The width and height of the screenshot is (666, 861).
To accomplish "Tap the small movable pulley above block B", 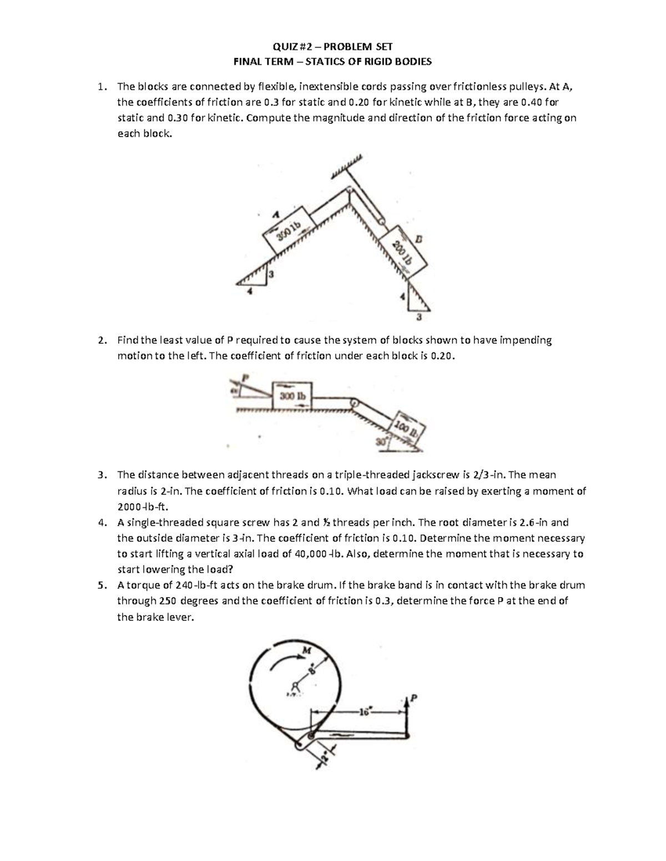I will coord(381,220).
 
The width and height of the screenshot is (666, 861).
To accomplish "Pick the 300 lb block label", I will coord(292,396).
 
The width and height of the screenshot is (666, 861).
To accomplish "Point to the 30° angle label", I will coord(380,442).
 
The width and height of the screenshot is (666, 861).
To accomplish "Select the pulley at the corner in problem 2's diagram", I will coord(353,403).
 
